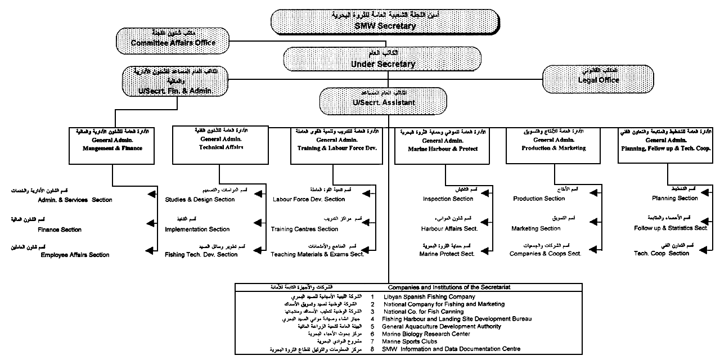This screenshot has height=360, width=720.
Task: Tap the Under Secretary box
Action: (382, 60)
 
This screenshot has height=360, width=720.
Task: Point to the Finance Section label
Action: (60, 229)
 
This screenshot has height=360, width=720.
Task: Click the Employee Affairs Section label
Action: (75, 255)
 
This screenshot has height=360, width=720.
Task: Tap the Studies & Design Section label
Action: (200, 199)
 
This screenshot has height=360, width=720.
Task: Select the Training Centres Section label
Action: (304, 229)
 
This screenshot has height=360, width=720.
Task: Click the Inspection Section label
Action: (448, 199)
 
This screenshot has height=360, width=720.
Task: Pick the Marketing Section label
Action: (535, 228)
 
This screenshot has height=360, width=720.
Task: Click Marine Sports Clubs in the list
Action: (409, 341)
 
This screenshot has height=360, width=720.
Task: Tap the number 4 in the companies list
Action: (372, 319)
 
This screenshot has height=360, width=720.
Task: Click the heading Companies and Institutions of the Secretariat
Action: (449, 287)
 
